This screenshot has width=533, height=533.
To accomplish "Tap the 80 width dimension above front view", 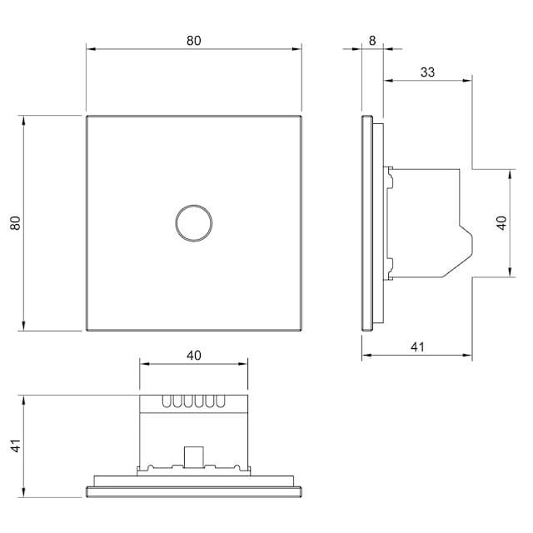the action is [x=194, y=41].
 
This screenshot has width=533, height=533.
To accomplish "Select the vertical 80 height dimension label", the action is [x=16, y=223].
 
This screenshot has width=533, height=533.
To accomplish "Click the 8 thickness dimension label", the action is [x=372, y=41].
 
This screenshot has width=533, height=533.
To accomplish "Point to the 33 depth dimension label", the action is [x=427, y=72].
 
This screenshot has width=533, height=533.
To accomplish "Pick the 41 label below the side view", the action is [x=417, y=347].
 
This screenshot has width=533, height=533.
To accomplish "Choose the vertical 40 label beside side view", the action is [x=501, y=223].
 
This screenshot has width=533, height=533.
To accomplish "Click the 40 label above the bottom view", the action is [x=194, y=356].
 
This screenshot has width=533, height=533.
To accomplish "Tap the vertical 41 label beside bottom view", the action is [x=16, y=446].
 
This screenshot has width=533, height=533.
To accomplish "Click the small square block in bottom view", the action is [x=193, y=456].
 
